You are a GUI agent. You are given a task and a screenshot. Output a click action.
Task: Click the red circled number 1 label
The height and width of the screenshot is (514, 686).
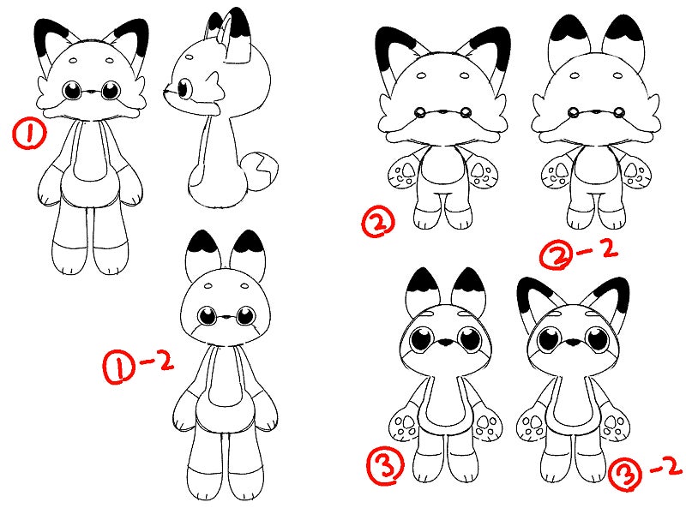click(x=29, y=134)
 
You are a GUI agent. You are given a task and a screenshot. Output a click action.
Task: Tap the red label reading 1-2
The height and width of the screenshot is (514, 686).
click(x=138, y=367)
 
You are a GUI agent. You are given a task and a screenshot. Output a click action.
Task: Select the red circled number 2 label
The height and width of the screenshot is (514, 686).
click(x=378, y=222)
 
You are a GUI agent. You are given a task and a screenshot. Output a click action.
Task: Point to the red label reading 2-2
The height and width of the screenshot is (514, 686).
click(x=578, y=253)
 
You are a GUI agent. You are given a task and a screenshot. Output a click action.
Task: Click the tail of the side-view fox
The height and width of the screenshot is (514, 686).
click(x=262, y=172)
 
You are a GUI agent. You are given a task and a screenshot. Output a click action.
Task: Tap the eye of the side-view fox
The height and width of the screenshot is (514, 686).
click(x=184, y=88)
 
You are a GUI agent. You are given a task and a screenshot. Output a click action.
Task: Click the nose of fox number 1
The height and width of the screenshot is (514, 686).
click(x=91, y=93)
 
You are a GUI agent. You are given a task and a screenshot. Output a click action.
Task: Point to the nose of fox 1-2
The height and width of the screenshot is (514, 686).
click(x=226, y=317)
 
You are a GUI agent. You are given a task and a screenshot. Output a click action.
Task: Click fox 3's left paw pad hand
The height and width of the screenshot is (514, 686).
click(x=403, y=426)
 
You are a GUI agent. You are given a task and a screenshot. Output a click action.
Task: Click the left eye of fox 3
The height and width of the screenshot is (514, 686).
click(x=422, y=338)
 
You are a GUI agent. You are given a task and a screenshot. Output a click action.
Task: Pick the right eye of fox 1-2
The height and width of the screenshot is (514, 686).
click(x=246, y=315)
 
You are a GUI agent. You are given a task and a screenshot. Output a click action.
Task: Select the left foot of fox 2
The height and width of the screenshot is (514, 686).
click(x=426, y=218)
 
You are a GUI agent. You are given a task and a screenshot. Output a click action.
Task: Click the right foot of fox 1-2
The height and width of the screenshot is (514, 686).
click(x=248, y=482)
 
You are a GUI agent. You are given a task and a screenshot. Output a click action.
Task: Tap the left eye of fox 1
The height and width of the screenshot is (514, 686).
click(x=73, y=91)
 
